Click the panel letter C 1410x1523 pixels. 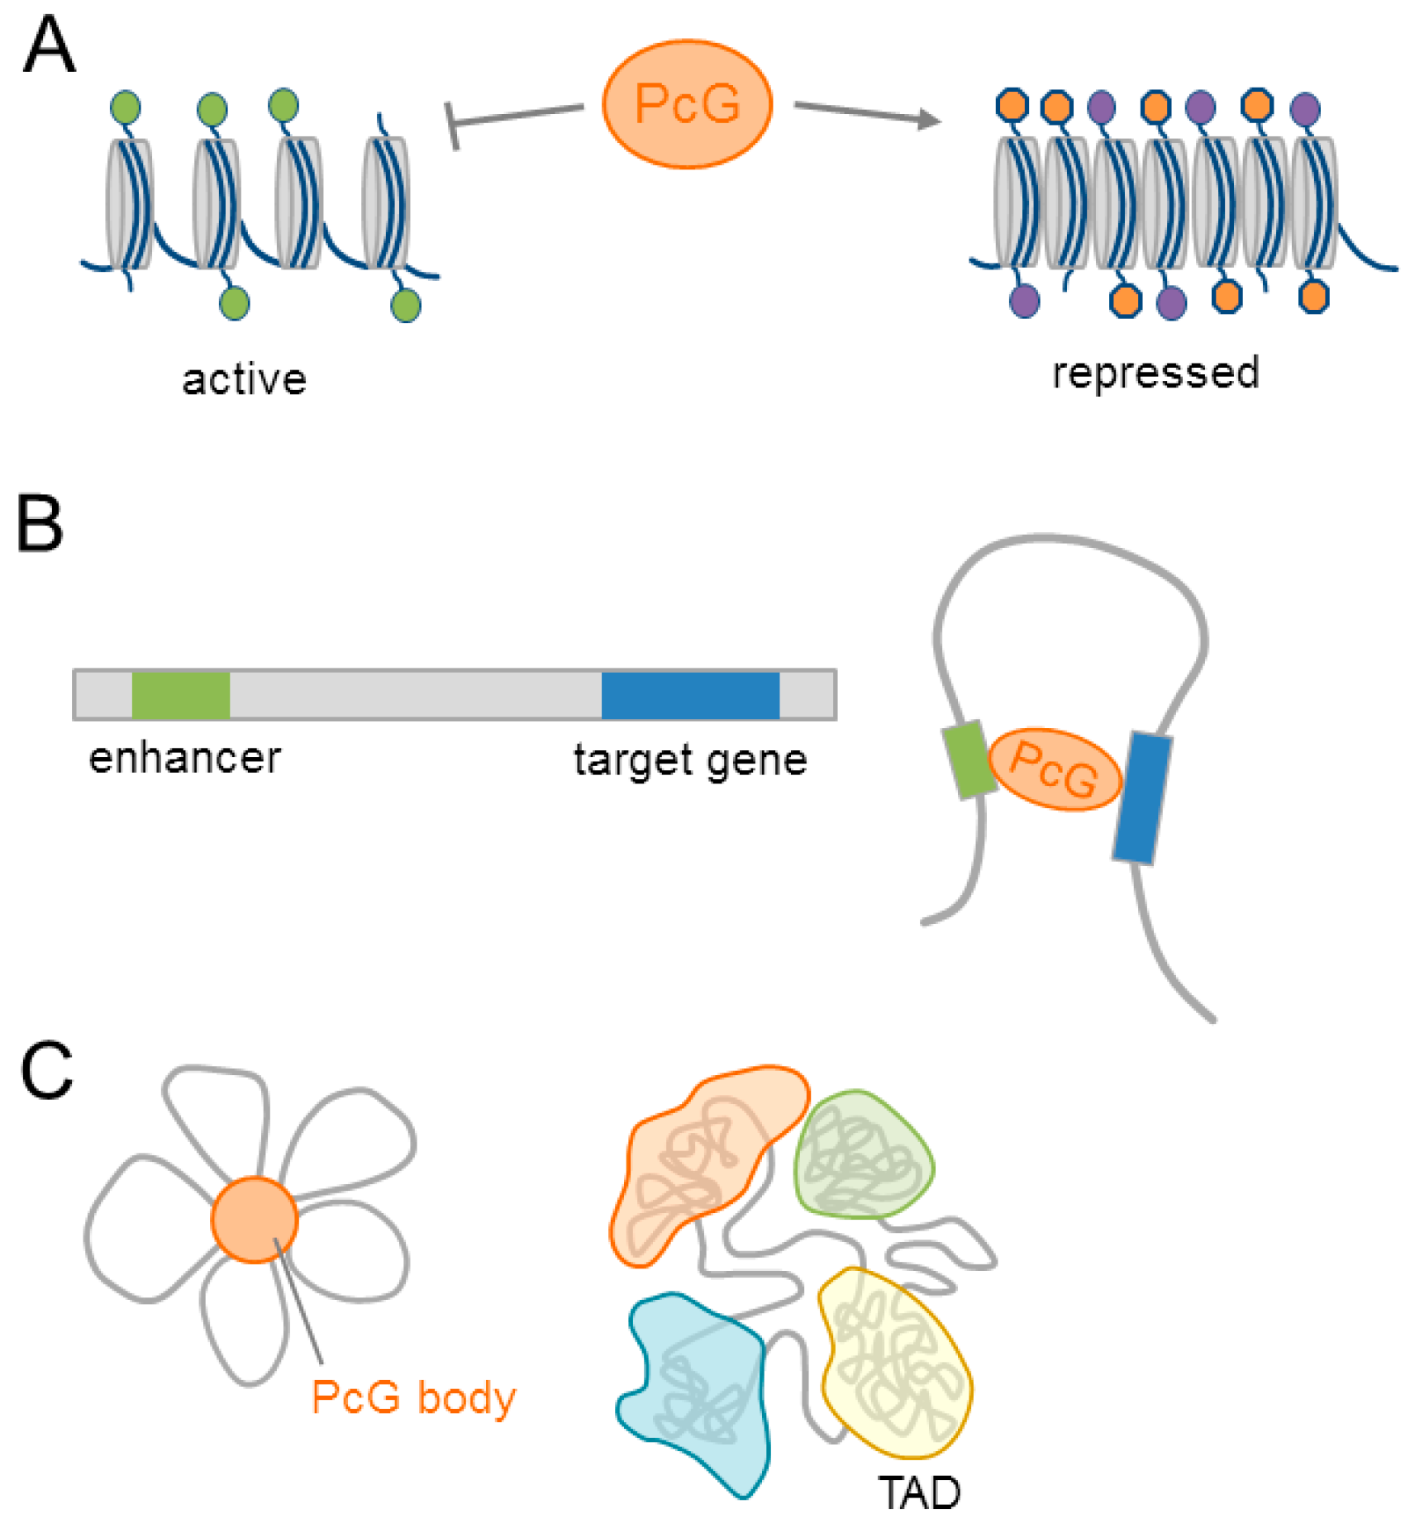pos(46,1071)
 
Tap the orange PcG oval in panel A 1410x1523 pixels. pos(687,104)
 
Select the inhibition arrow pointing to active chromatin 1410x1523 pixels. pos(512,117)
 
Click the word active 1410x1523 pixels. pos(244,380)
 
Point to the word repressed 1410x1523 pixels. pos(1155,373)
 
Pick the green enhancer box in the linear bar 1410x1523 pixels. pos(181,695)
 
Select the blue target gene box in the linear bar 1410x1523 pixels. pos(690,695)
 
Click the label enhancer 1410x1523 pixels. pos(185,758)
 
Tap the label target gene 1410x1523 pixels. pos(690,760)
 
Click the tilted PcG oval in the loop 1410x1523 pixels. pos(1055,769)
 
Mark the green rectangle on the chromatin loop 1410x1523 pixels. pos(969,759)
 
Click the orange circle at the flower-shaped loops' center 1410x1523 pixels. pos(254,1220)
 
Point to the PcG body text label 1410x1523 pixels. pos(413,1398)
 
